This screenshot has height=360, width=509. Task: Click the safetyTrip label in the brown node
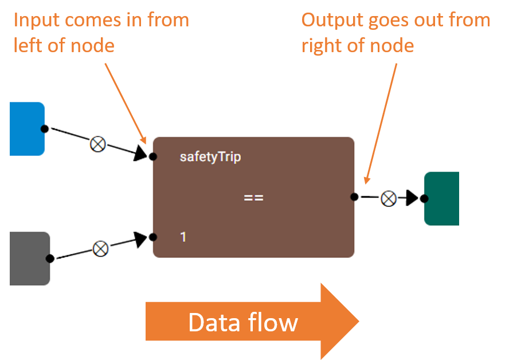point(210,157)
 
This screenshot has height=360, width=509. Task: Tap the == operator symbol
point(253,197)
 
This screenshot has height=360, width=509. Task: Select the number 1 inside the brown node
point(183,237)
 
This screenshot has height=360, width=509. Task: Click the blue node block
point(28,129)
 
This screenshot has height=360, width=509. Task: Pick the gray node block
point(30,259)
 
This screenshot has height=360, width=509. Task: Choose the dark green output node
point(442,199)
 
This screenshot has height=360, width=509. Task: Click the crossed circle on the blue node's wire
point(97,144)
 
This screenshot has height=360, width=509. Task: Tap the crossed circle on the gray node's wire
point(101,249)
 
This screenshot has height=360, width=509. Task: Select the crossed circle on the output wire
point(389,199)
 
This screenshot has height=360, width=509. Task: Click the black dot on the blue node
point(45,129)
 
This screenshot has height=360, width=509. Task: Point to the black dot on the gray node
point(50,259)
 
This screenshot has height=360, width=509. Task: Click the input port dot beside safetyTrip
point(153,157)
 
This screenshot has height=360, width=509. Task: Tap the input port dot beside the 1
point(153,237)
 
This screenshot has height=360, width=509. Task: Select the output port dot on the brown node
point(354,197)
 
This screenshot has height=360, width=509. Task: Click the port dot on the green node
point(424,198)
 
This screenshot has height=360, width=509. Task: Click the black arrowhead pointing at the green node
point(412,198)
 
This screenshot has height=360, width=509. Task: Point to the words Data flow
point(243,323)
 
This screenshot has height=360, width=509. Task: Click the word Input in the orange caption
point(36,21)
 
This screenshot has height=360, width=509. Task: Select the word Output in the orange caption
point(332,21)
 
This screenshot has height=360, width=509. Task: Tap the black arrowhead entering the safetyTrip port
point(140,152)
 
